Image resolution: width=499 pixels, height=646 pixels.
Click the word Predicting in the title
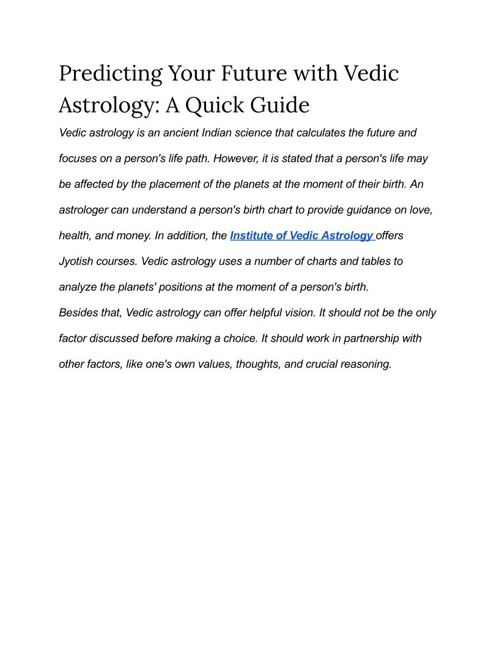pos(111,74)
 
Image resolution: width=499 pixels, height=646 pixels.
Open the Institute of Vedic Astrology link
pos(301,236)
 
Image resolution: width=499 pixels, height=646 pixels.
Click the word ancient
pos(180,133)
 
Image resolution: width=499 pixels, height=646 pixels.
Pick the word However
pos(236,158)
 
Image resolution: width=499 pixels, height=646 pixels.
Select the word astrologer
pos(83,210)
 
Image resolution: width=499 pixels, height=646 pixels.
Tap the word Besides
pos(79,313)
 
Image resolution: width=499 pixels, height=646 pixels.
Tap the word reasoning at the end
pos(366,364)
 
